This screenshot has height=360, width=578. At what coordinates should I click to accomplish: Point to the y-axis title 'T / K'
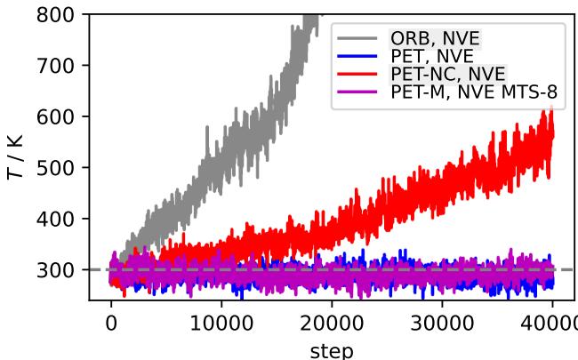pyautogui.click(x=17, y=156)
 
